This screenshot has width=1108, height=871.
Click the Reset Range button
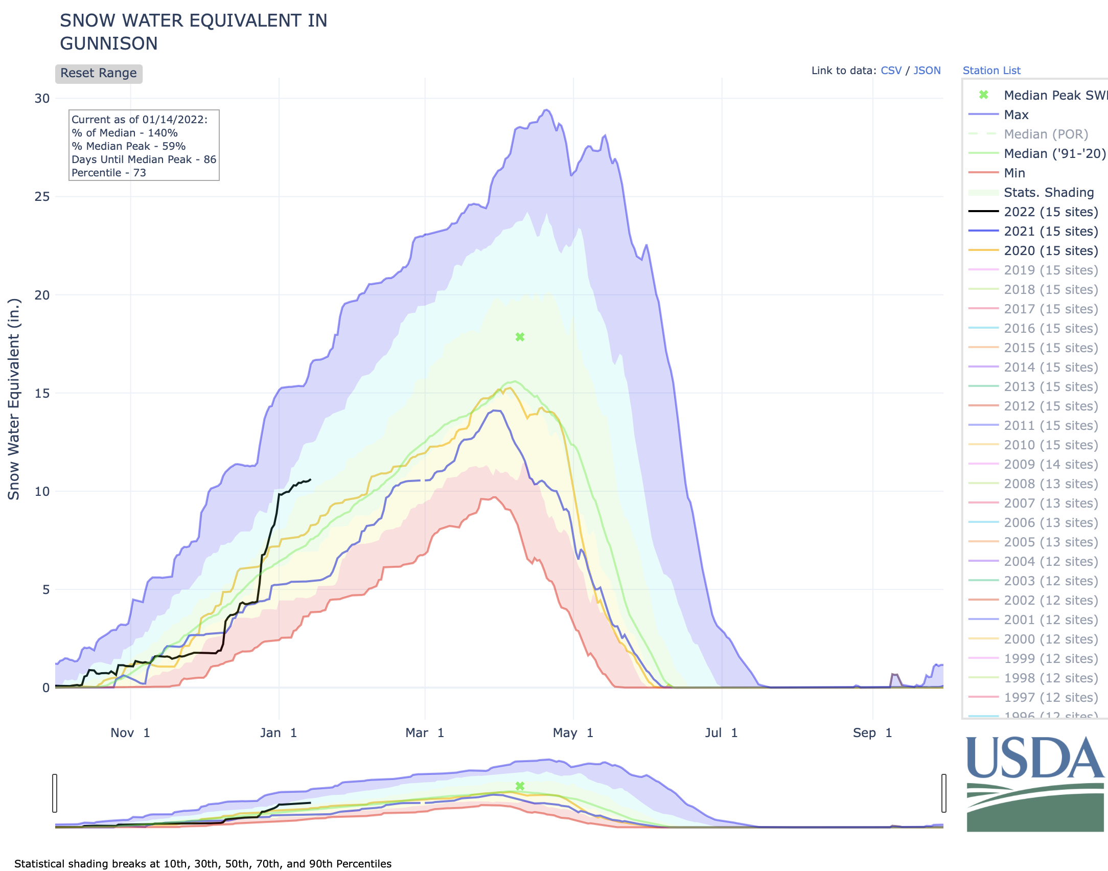(x=99, y=73)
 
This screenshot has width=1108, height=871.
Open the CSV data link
(x=891, y=71)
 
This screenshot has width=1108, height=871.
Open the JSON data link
(x=927, y=71)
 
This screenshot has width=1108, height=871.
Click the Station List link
(x=991, y=71)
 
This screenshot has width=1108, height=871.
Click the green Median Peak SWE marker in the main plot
(x=520, y=337)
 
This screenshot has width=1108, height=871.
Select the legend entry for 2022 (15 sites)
(x=1050, y=212)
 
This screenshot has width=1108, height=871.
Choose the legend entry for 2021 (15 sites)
(x=1050, y=231)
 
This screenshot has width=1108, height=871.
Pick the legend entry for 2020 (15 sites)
(x=1050, y=250)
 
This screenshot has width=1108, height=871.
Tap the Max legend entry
(x=1015, y=114)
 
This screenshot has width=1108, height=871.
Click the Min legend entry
(x=1014, y=173)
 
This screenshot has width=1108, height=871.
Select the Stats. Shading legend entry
(x=1048, y=192)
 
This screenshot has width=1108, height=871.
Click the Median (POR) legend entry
(x=1046, y=134)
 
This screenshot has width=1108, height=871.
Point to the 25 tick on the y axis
(x=42, y=197)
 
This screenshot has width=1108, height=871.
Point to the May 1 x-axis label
(x=573, y=733)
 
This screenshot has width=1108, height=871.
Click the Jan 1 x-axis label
(x=279, y=733)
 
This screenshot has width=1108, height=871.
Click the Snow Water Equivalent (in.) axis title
(x=14, y=399)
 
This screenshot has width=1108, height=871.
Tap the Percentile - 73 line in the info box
(x=109, y=173)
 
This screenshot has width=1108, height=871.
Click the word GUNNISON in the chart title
(x=109, y=43)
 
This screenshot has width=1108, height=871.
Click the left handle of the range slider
(x=55, y=793)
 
